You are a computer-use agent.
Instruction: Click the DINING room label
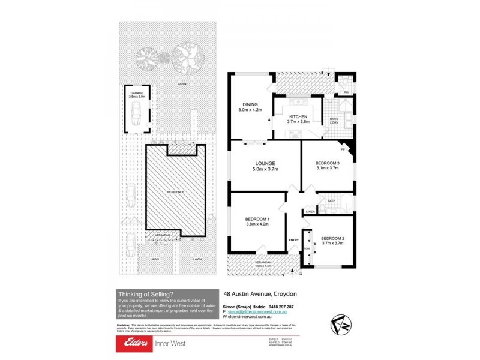(247, 103)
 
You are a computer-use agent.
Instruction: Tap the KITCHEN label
(298, 116)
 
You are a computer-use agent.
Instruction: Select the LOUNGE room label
(265, 163)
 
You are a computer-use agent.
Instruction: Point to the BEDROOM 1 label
(257, 218)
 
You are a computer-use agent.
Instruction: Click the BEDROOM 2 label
(332, 238)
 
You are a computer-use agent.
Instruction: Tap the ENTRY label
(293, 240)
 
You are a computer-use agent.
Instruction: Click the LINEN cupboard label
(310, 211)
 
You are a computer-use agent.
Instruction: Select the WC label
(346, 92)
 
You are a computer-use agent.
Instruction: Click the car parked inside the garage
(136, 113)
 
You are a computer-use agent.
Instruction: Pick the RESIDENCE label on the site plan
(175, 191)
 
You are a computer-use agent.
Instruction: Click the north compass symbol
(340, 325)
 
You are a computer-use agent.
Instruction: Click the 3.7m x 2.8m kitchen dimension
(298, 122)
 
